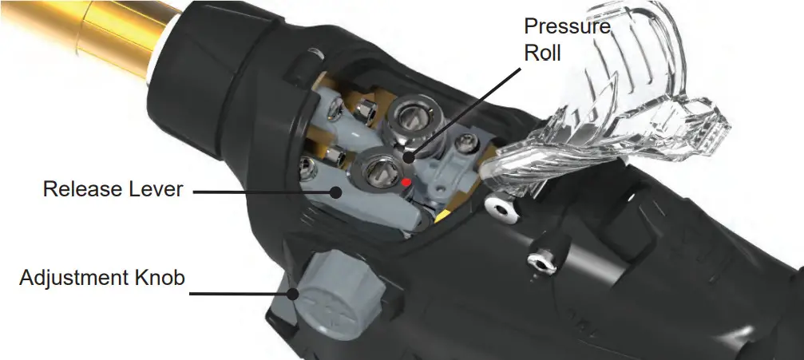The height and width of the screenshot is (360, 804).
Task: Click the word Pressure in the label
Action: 567,26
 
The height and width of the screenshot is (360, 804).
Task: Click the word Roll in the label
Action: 542,54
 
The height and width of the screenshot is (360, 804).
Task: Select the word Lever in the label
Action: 155,190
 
